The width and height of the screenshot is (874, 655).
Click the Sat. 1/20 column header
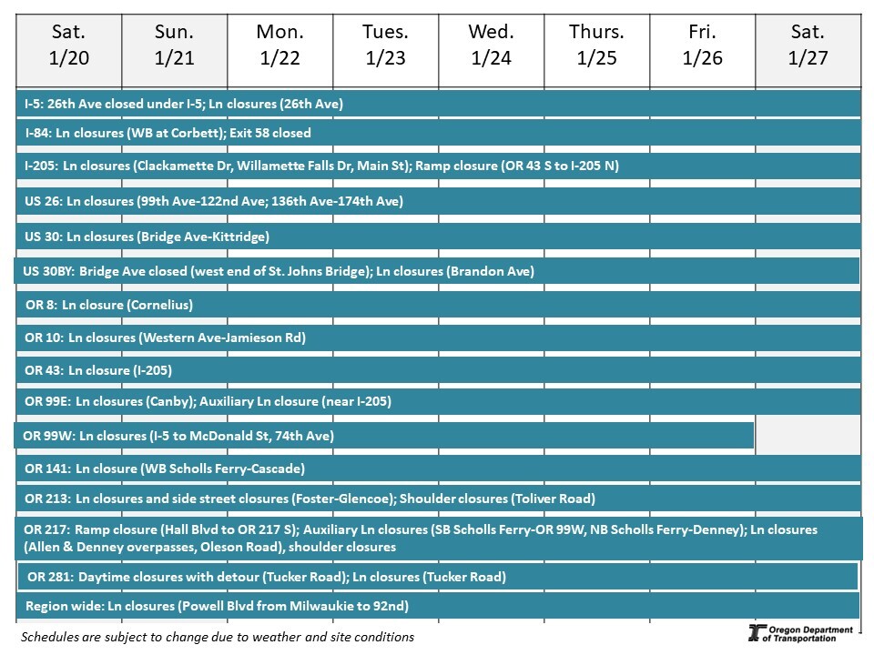[x=68, y=45]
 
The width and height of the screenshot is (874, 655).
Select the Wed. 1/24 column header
[x=491, y=45]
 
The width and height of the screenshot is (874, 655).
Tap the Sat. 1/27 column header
[x=808, y=45]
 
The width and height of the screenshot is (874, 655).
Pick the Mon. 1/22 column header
[x=279, y=45]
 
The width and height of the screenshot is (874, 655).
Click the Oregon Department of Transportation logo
[x=799, y=633]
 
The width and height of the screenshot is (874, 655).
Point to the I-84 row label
[x=37, y=133]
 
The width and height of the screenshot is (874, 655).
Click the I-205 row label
[x=41, y=166]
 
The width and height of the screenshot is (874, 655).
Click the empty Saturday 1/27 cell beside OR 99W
[x=808, y=435]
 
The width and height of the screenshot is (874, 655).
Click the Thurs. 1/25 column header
[x=596, y=45]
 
